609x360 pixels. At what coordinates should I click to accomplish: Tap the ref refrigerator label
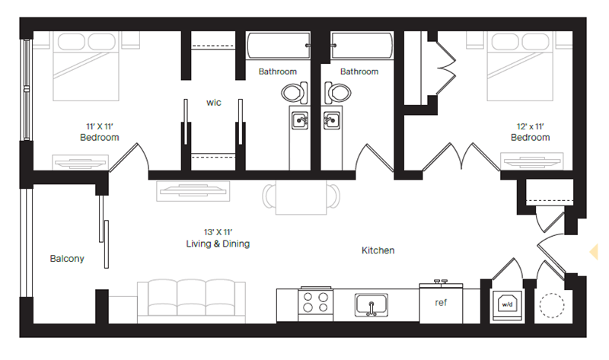[440, 302]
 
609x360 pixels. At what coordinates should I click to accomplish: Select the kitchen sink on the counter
[371, 304]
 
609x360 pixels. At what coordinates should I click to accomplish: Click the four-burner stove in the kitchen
[315, 303]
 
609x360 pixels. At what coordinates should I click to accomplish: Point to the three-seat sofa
[191, 298]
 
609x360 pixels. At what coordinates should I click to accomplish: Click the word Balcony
[67, 259]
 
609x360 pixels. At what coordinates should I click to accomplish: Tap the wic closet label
[213, 102]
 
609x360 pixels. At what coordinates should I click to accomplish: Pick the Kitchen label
[378, 250]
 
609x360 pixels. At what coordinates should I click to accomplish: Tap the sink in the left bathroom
[301, 121]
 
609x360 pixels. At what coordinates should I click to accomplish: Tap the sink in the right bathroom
[331, 121]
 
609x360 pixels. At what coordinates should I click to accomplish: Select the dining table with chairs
[302, 198]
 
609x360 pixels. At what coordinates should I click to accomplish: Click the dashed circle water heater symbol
[551, 304]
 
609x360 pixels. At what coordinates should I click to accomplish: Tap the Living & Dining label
[218, 244]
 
